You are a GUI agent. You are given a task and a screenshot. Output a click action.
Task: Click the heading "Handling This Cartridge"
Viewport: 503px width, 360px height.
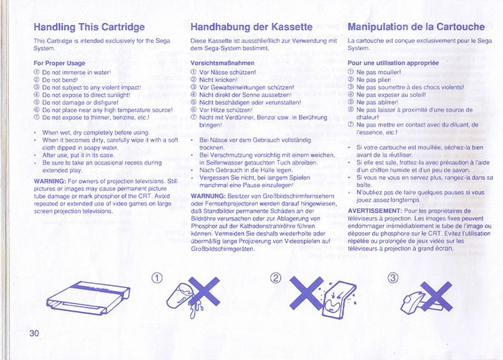(89, 27)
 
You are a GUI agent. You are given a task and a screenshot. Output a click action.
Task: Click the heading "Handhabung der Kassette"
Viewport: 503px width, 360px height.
(251, 27)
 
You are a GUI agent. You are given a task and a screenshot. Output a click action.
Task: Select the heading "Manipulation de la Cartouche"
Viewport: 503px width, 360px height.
(416, 27)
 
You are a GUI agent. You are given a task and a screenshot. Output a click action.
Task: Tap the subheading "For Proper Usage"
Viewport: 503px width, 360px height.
(60, 63)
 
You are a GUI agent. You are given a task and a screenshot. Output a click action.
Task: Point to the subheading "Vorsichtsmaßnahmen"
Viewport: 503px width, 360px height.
(222, 63)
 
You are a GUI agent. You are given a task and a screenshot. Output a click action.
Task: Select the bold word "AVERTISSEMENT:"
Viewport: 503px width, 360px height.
(374, 211)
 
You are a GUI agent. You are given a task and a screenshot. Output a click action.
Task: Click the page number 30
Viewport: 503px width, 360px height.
(34, 333)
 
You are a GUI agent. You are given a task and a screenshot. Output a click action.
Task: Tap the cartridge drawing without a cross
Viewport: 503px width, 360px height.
(88, 297)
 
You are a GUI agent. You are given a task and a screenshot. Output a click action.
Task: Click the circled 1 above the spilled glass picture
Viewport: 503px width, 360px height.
(157, 278)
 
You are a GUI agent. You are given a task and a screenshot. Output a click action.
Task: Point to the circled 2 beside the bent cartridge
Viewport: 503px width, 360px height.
(275, 278)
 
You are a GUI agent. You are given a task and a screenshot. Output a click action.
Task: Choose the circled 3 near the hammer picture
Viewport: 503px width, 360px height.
(393, 278)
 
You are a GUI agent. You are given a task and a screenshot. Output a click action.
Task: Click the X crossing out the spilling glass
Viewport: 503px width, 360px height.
(204, 292)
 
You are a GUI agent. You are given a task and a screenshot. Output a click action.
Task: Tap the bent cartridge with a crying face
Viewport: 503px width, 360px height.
(338, 300)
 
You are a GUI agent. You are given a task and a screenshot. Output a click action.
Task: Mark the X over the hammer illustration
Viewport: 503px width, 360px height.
(436, 297)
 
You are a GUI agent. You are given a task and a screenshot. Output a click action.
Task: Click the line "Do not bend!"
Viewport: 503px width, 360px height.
(56, 80)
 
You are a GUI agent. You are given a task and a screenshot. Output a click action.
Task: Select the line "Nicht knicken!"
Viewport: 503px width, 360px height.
(214, 80)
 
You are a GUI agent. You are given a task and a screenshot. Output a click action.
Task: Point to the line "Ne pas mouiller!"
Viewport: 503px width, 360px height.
(374, 73)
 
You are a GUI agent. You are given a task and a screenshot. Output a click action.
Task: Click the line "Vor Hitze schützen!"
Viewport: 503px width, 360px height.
(221, 110)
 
